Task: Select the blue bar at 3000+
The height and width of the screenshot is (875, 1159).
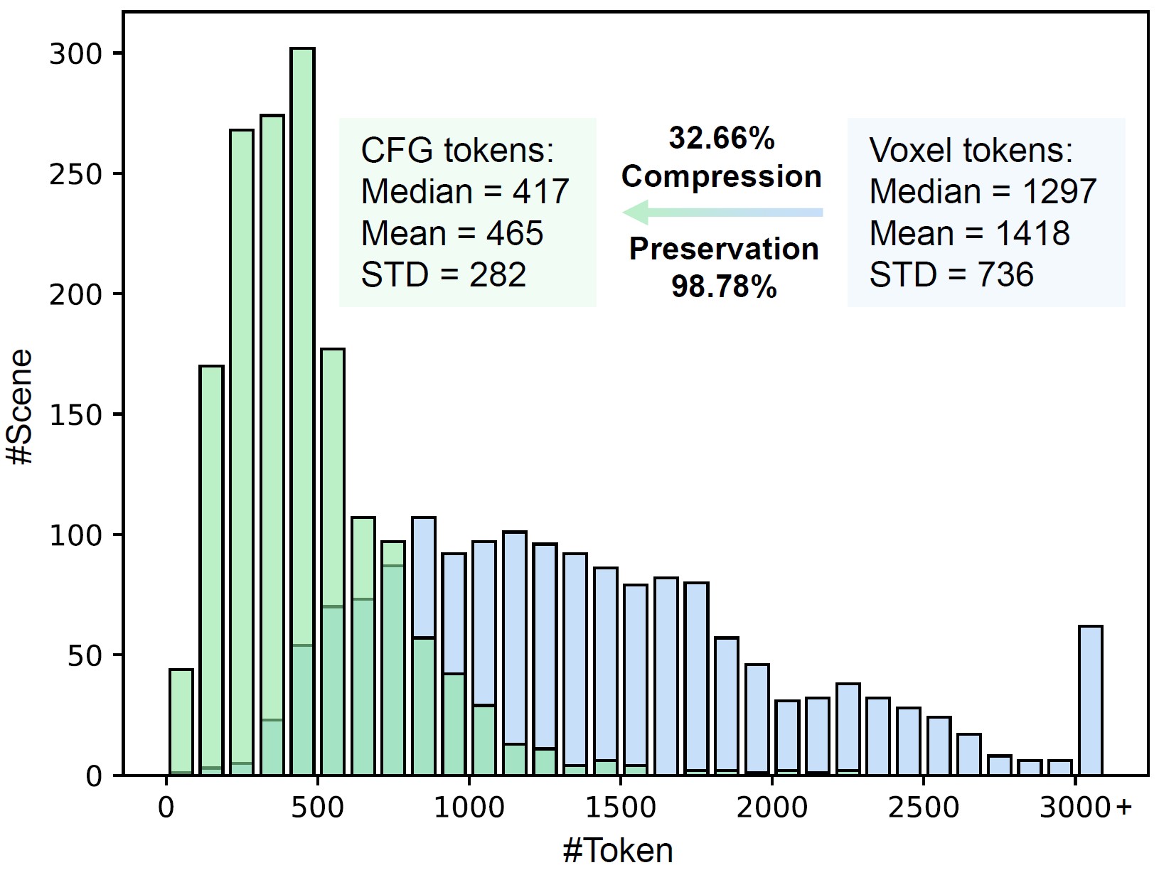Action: pyautogui.click(x=1091, y=700)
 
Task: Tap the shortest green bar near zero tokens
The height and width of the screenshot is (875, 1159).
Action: pyautogui.click(x=181, y=721)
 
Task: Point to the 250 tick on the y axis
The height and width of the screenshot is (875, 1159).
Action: pyautogui.click(x=74, y=174)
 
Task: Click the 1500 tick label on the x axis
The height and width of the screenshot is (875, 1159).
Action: pyautogui.click(x=620, y=809)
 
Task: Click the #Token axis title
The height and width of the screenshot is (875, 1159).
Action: pyautogui.click(x=617, y=850)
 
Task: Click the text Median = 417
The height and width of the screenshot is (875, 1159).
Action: pyautogui.click(x=465, y=192)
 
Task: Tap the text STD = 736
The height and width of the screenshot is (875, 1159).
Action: pyautogui.click(x=951, y=275)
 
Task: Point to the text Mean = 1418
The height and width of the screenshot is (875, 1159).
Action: pyautogui.click(x=969, y=234)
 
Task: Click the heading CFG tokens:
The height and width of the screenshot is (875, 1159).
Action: pyautogui.click(x=457, y=151)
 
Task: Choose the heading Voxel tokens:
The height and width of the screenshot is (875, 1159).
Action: pyautogui.click(x=971, y=151)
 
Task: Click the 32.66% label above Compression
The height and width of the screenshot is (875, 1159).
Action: pyautogui.click(x=721, y=139)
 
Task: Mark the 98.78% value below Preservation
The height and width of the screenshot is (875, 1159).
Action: pyautogui.click(x=724, y=287)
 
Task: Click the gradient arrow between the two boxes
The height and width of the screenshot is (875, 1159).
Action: pyautogui.click(x=722, y=212)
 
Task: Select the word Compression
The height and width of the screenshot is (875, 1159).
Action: pyautogui.click(x=721, y=176)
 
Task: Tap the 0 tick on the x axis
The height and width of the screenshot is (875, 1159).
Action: pyautogui.click(x=166, y=809)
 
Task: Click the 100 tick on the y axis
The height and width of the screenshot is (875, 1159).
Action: pyautogui.click(x=74, y=535)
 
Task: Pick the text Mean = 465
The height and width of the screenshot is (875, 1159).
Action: pyautogui.click(x=452, y=234)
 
